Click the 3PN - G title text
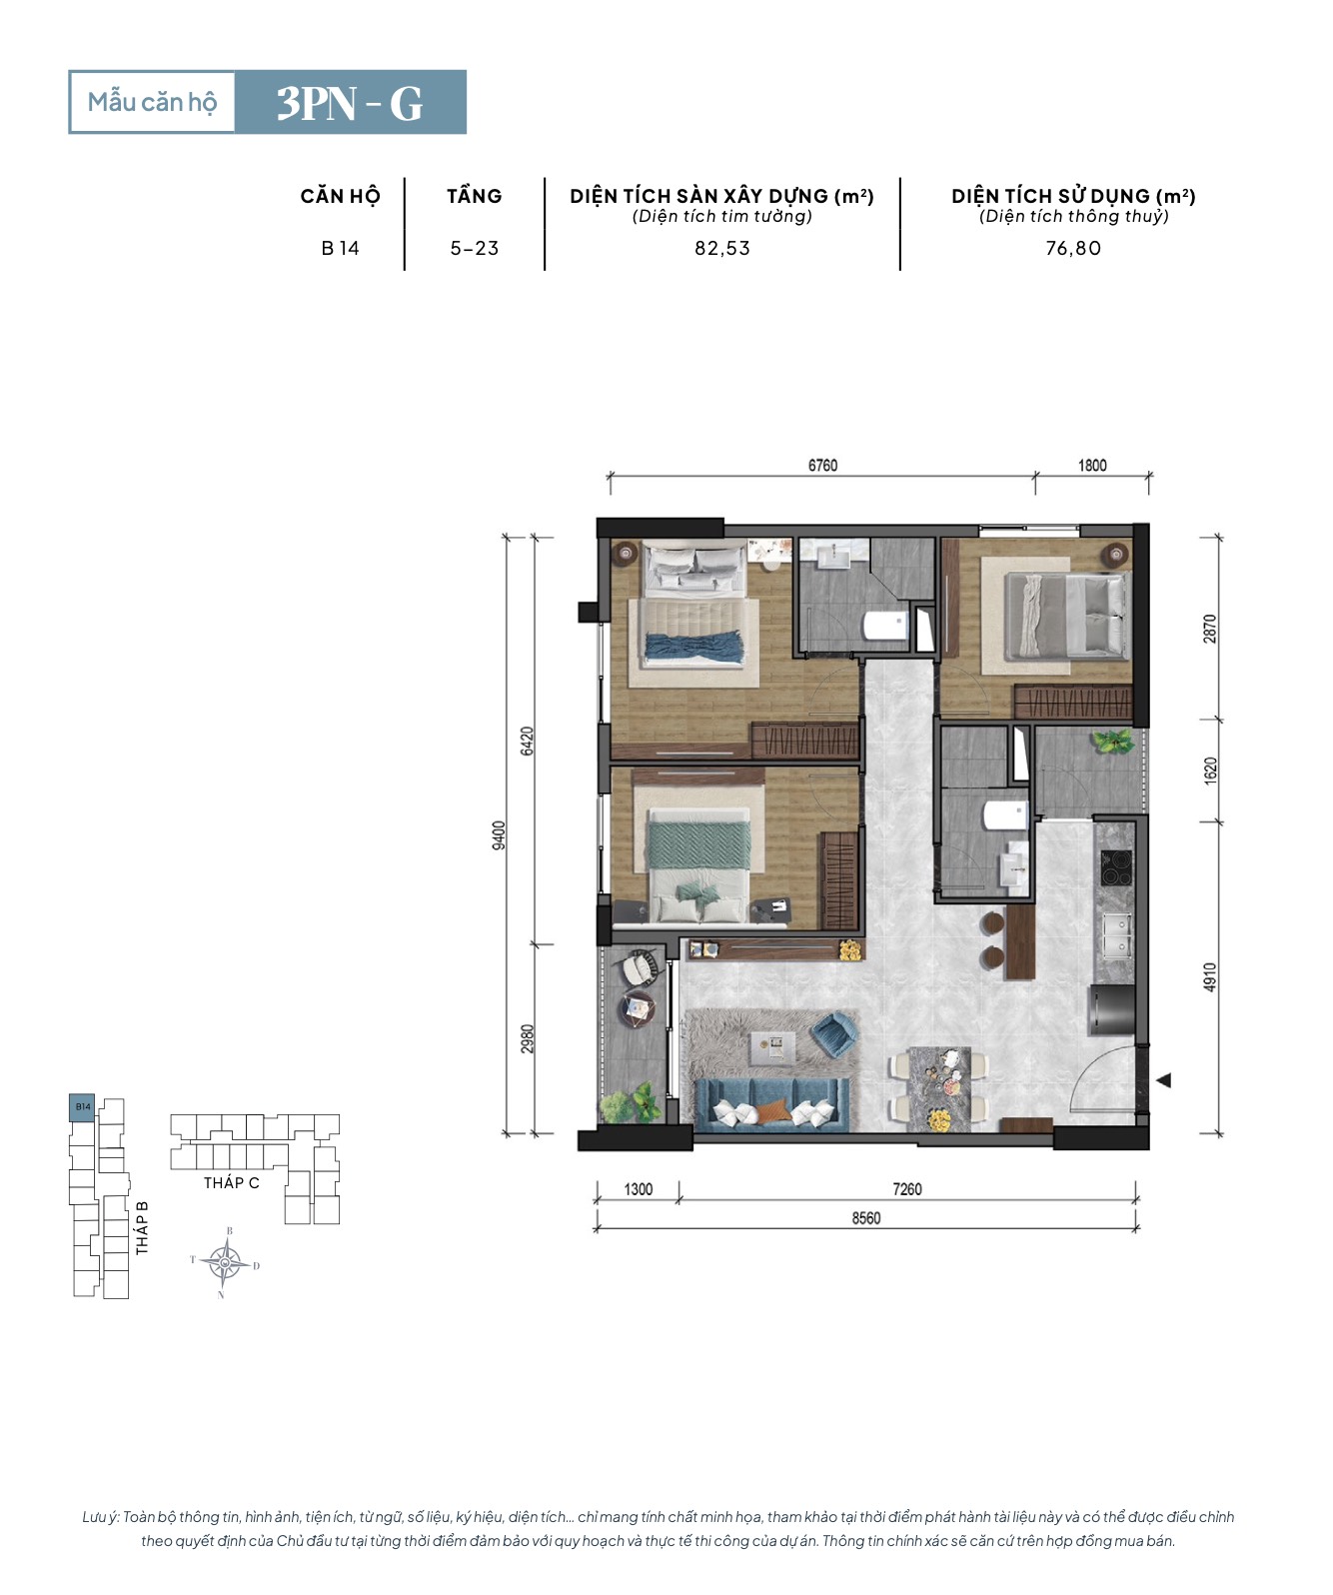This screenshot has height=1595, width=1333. (x=349, y=103)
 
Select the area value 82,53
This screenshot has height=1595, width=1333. (x=721, y=248)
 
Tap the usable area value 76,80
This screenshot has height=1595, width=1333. (x=1073, y=248)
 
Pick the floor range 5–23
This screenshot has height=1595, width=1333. (x=475, y=248)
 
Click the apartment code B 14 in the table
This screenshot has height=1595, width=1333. (x=340, y=248)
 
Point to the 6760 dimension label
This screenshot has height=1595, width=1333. (x=822, y=466)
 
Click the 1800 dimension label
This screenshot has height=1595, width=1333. (x=1092, y=466)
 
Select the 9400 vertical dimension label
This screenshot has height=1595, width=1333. (x=498, y=834)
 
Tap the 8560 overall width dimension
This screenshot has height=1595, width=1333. (x=866, y=1218)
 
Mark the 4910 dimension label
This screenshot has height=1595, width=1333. (x=1209, y=977)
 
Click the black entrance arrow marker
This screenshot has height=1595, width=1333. (x=1163, y=1080)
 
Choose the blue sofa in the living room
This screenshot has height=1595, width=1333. (x=772, y=1104)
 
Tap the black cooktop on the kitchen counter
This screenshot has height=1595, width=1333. (x=1115, y=867)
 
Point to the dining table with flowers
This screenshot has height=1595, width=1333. (x=939, y=1089)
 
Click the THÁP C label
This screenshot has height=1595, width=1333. (x=232, y=1183)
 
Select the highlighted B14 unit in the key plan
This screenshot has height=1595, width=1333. (x=83, y=1107)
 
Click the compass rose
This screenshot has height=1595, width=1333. (x=225, y=1263)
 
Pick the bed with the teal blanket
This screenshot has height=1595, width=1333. (x=698, y=863)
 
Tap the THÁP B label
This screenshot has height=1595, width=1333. (x=142, y=1227)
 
